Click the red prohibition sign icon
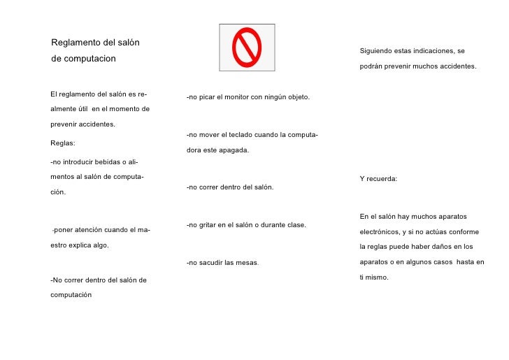pos(247,47)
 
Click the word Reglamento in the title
pos(76,43)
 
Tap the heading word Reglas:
pos(63,143)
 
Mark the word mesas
pos(248,263)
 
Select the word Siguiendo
pos(377,51)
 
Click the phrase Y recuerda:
pos(378,179)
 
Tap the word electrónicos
pos(381,231)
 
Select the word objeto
pos(297,96)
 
